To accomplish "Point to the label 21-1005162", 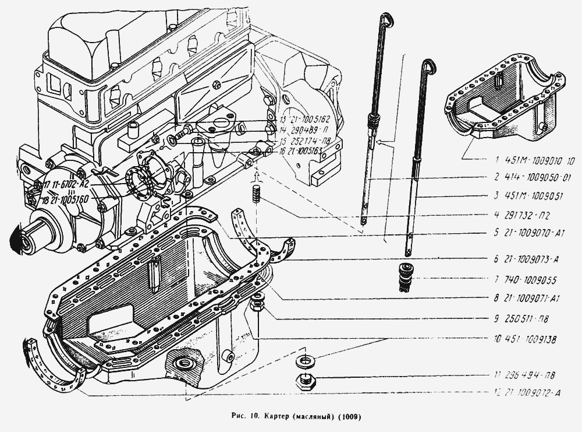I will click(x=302, y=121).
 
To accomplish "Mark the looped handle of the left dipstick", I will click(x=385, y=22).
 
